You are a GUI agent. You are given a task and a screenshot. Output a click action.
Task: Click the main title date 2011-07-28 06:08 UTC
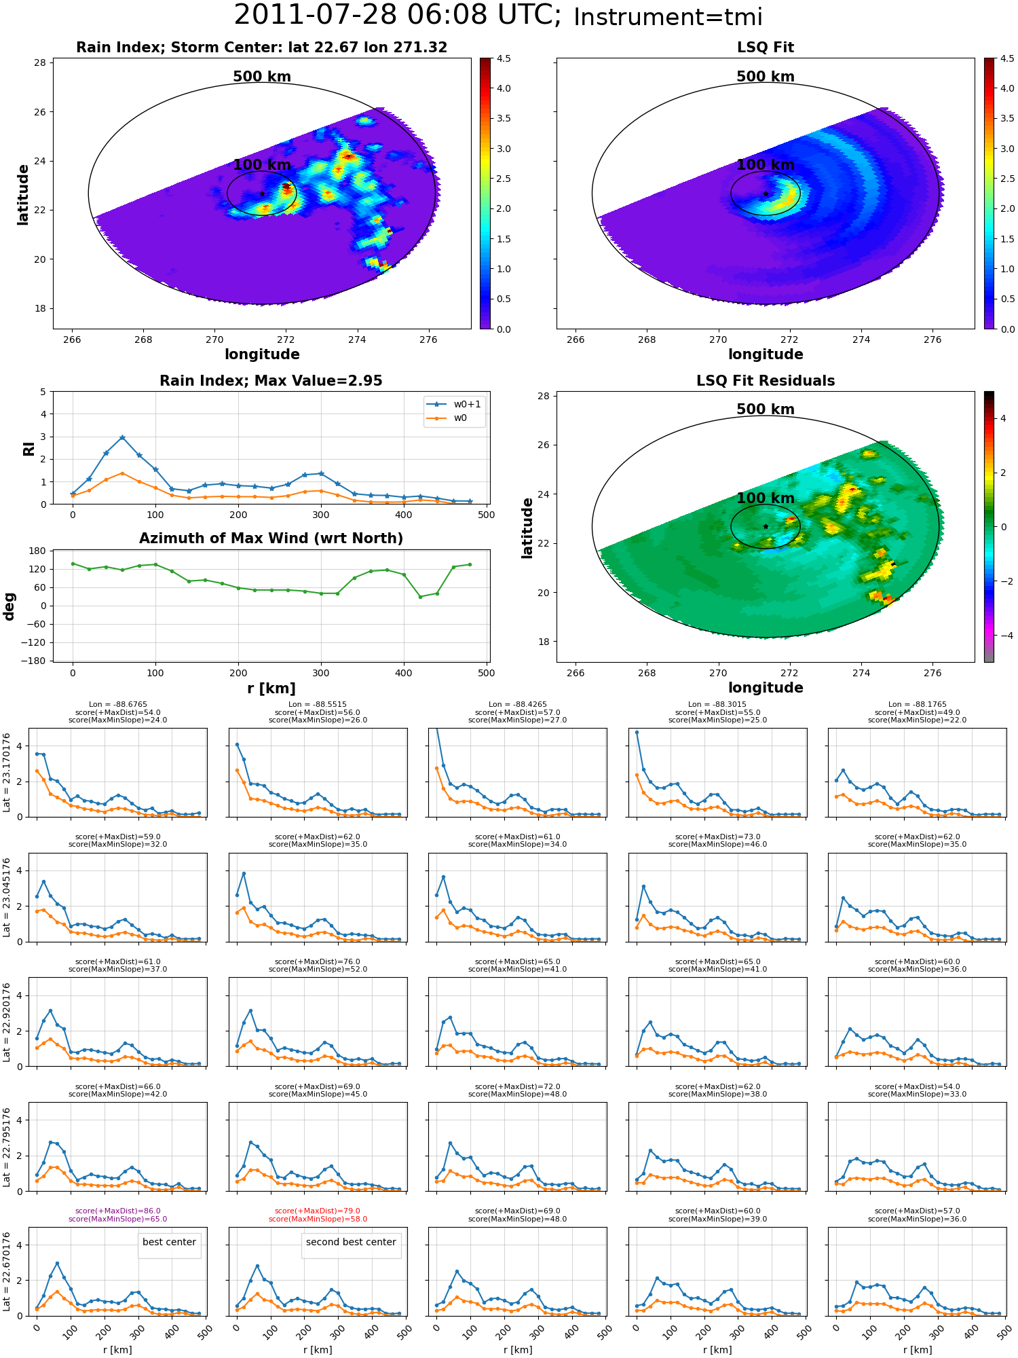pyautogui.click(x=398, y=16)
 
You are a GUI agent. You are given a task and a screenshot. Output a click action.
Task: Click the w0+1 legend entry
pyautogui.click(x=454, y=404)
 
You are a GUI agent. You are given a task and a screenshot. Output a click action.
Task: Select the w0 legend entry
pyautogui.click(x=447, y=418)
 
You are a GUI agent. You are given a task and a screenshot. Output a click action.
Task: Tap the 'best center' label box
pyautogui.click(x=169, y=1242)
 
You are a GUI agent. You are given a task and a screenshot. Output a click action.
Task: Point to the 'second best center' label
pyautogui.click(x=351, y=1242)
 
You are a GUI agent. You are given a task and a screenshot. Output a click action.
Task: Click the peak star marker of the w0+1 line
pyautogui.click(x=122, y=438)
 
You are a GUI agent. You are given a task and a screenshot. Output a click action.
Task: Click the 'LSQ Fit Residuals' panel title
pyautogui.click(x=766, y=381)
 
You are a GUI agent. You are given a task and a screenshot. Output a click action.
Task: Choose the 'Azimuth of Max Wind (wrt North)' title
pyautogui.click(x=271, y=538)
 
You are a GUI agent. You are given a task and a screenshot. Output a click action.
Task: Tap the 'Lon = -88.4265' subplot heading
pyautogui.click(x=517, y=704)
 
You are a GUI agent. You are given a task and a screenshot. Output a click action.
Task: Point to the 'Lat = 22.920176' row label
pyautogui.click(x=7, y=1022)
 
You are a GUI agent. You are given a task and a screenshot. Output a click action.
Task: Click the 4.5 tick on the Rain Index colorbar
pyautogui.click(x=504, y=58)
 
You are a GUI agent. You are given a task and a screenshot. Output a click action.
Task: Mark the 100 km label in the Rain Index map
pyautogui.click(x=262, y=165)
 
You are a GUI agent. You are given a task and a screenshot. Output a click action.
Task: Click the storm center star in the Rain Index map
pyautogui.click(x=262, y=194)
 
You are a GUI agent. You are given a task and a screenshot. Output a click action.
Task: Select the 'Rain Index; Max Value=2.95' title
pyautogui.click(x=271, y=381)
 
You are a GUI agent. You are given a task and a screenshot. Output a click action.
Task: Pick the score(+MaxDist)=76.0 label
pyautogui.click(x=318, y=961)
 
